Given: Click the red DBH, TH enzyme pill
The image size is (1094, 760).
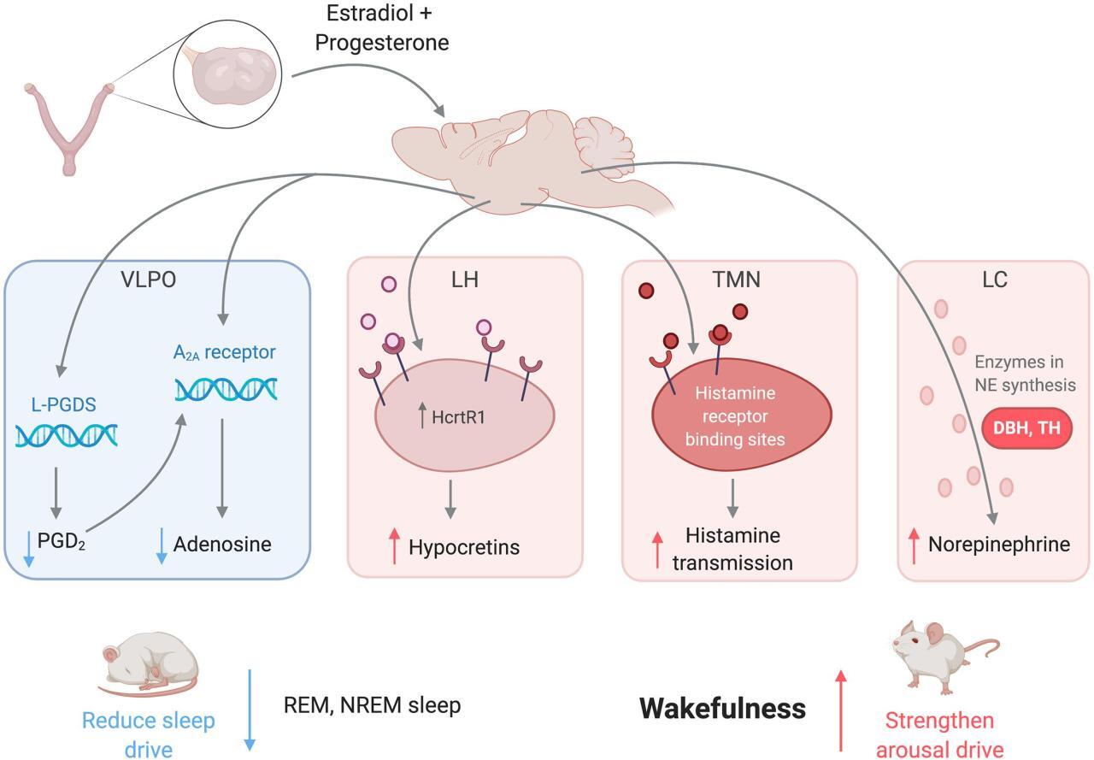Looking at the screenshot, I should (1032, 428).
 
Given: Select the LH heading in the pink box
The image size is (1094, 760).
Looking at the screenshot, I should (465, 281).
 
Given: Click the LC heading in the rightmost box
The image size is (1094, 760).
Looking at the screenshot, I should (996, 281).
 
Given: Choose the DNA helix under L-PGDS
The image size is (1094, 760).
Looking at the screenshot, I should (67, 435).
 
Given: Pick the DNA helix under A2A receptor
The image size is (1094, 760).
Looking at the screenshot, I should (226, 389).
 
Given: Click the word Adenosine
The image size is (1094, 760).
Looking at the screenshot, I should (222, 545).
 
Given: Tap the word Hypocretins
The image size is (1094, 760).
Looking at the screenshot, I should (464, 547).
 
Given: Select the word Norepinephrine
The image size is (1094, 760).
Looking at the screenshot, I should (999, 545).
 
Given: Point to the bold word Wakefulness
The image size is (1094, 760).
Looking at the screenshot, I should (722, 709).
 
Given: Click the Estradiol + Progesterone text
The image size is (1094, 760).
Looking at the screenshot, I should (382, 27).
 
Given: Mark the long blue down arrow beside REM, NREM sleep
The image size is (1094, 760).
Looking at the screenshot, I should (250, 709).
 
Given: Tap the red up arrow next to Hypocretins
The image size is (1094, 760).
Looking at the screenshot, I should (395, 546).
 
